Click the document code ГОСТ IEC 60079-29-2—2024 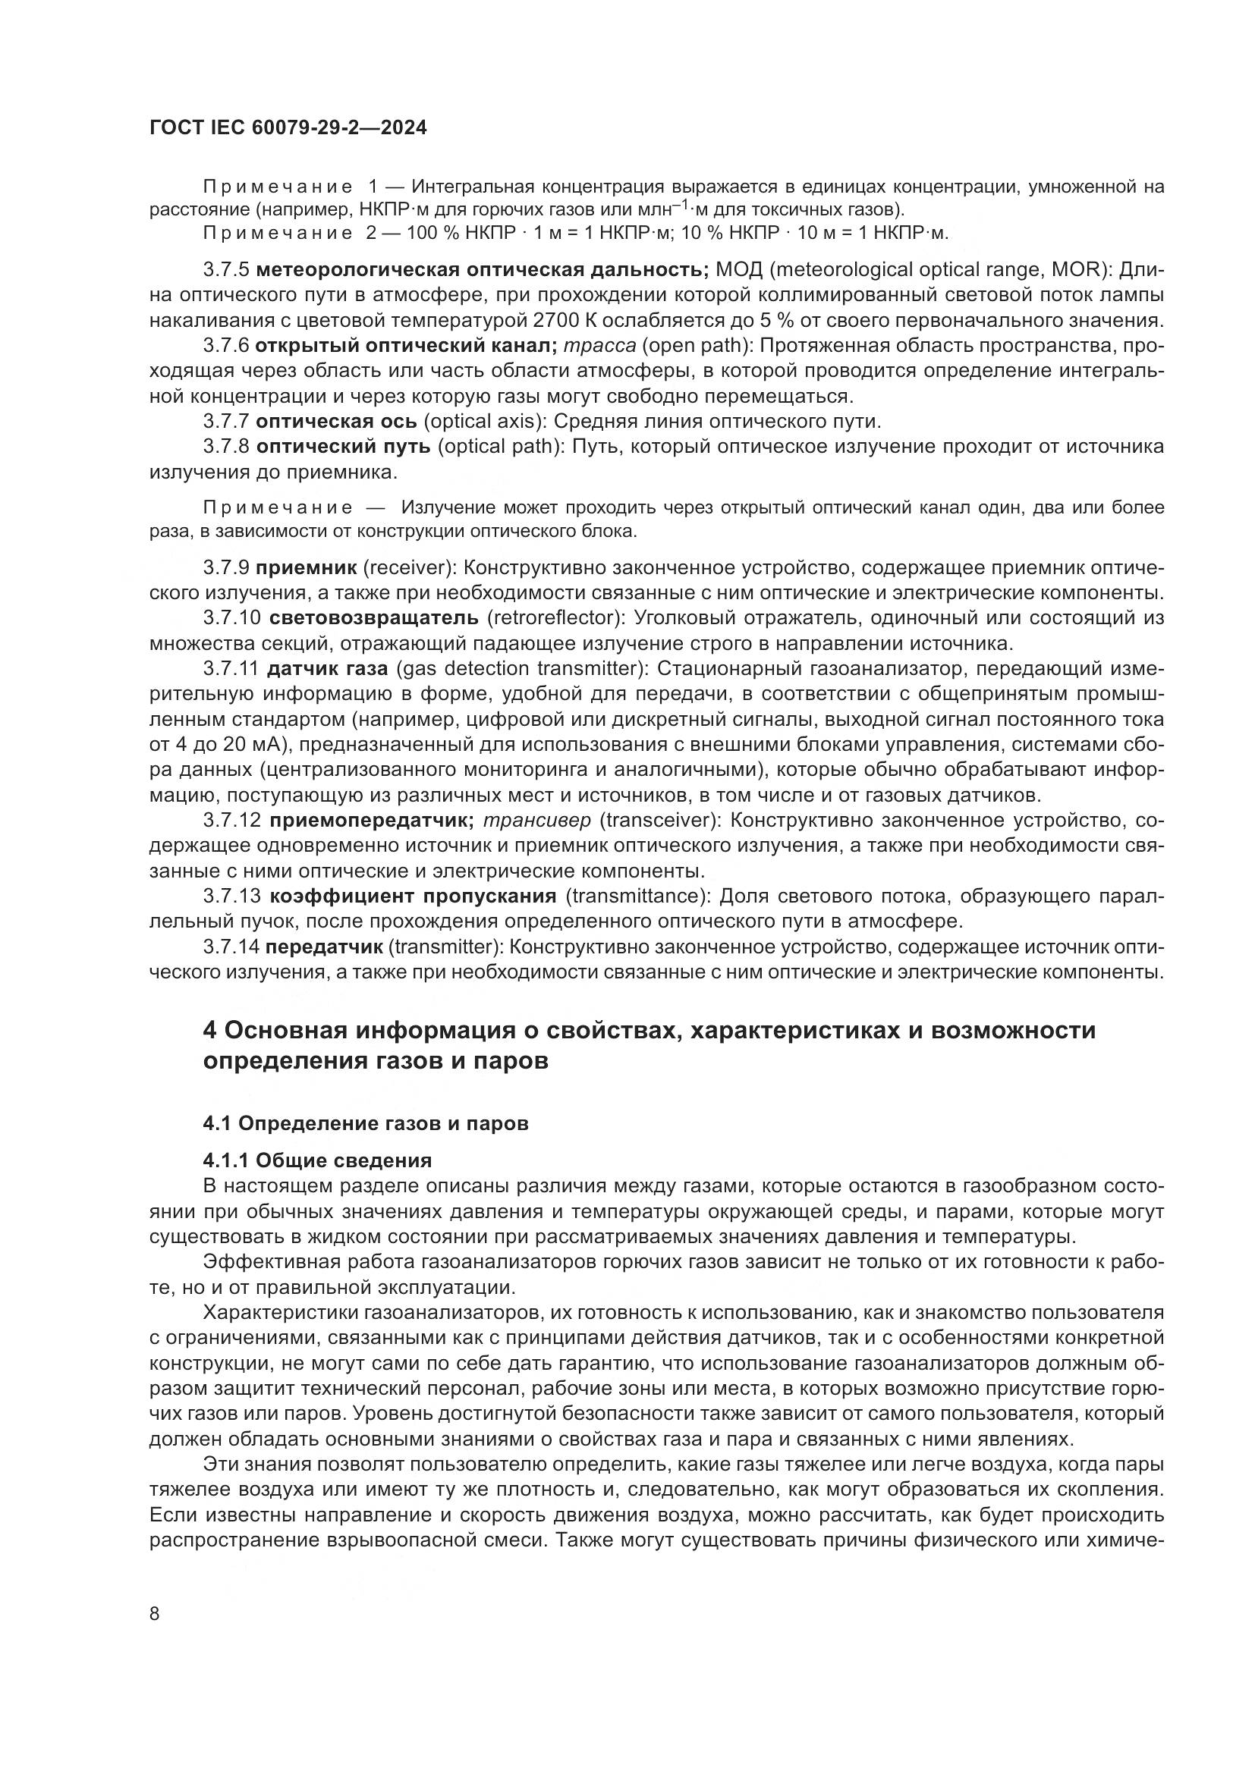pyautogui.click(x=288, y=127)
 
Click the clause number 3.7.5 pyautogui.click(x=225, y=270)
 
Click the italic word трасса pyautogui.click(x=599, y=345)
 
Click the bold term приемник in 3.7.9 pyautogui.click(x=306, y=568)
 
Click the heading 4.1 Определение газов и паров pyautogui.click(x=366, y=1123)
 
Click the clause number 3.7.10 pyautogui.click(x=232, y=618)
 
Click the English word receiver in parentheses pyautogui.click(x=406, y=568)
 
